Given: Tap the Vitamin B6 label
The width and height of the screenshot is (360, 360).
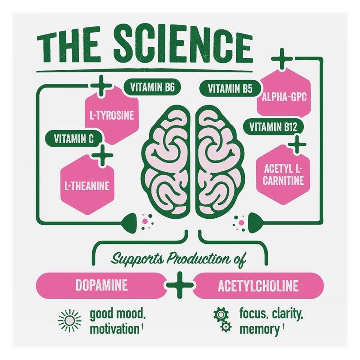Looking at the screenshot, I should pyautogui.click(x=152, y=88).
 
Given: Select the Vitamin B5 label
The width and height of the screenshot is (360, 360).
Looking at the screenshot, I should pyautogui.click(x=230, y=89).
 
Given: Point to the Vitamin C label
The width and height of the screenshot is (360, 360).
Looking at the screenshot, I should pyautogui.click(x=73, y=139).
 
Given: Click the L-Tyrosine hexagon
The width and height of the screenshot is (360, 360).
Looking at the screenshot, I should pyautogui.click(x=112, y=115).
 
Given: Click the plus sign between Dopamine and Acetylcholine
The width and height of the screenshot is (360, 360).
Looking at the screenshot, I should pyautogui.click(x=179, y=285).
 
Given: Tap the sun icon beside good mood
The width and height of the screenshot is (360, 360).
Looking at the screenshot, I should pyautogui.click(x=69, y=320).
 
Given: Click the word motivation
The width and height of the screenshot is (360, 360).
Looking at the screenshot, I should pyautogui.click(x=114, y=330).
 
